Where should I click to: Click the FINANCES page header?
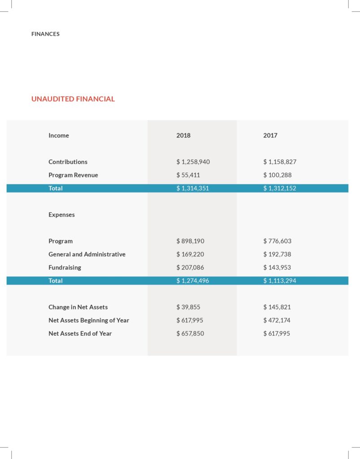pos(45,34)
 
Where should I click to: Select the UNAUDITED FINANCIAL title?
pos(73,99)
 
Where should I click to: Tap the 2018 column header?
pos(183,135)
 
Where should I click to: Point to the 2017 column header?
pos(270,135)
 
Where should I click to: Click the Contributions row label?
pos(68,162)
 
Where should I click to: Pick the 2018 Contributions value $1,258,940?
pos(193,162)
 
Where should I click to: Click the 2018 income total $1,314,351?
pos(193,188)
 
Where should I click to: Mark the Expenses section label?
pos(62,215)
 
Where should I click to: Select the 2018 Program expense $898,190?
pos(191,241)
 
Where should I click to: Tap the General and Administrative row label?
pos(87,255)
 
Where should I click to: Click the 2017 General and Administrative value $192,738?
pos(278,255)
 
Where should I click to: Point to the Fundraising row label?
pos(65,268)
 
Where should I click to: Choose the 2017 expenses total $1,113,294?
pos(280,281)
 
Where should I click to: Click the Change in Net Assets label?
pos(78,307)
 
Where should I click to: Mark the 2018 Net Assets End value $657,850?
pos(191,333)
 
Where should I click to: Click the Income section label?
pos(59,135)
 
